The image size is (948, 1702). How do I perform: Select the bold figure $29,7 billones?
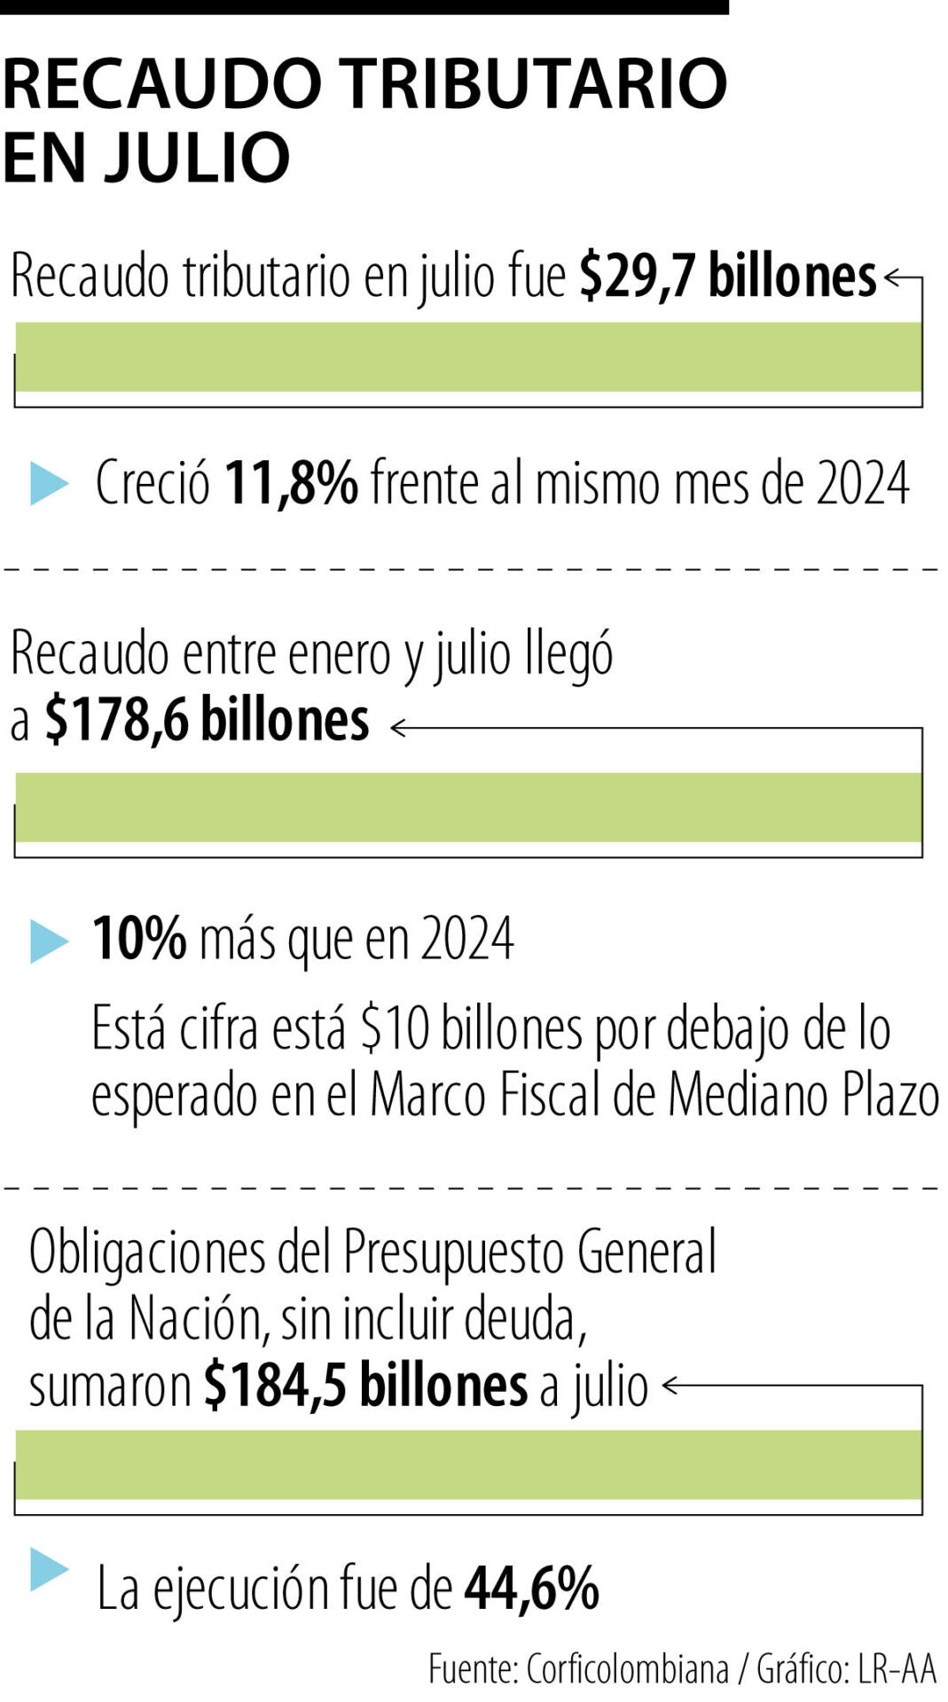coord(728,277)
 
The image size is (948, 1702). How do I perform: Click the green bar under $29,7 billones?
coord(468,356)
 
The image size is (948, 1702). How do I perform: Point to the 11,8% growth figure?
coord(291,484)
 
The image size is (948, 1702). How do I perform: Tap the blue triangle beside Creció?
coord(48,483)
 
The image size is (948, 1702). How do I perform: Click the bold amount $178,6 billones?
coord(207,720)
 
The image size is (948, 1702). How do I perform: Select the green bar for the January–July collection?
coord(468,807)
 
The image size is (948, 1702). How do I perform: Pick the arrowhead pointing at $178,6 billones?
coord(398,728)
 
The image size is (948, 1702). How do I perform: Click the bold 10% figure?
coord(139,939)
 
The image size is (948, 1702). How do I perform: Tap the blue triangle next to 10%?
coord(48,941)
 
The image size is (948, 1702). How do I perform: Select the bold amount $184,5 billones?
coord(365,1386)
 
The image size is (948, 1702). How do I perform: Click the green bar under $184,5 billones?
coord(468,1464)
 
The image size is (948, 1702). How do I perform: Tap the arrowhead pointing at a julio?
coord(670,1386)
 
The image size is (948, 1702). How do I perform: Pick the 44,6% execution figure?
coord(532,1589)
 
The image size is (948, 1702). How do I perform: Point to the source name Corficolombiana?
coord(627,1669)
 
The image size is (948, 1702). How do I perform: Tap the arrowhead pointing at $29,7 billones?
coord(891,277)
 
